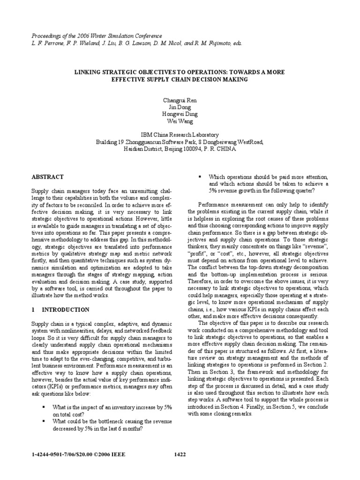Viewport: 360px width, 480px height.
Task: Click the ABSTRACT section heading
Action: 47,177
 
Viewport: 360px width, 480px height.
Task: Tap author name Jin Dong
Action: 180,107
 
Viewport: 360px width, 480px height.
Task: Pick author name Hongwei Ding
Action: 180,114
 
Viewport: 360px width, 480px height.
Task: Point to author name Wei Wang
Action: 180,120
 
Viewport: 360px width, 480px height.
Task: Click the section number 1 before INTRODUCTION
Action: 33,310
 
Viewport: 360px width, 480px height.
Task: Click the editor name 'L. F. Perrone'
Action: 46,43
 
